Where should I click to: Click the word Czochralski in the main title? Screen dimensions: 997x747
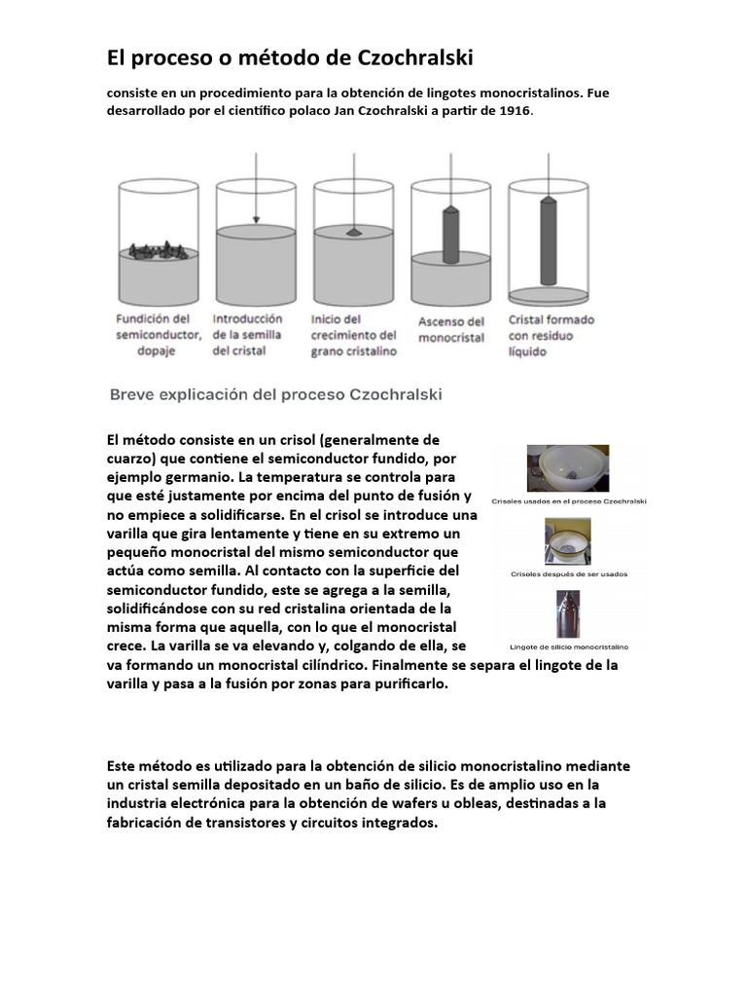(413, 58)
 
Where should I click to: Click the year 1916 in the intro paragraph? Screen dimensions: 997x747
(515, 111)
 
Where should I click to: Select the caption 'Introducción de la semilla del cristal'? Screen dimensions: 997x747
(248, 334)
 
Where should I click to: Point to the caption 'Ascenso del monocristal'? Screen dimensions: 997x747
(450, 329)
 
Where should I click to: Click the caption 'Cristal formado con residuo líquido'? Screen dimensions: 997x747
(551, 334)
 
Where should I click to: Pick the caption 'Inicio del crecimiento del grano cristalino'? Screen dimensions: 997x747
(354, 334)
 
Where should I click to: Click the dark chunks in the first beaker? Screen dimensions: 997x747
(158, 249)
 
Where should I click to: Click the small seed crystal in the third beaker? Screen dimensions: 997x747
(351, 233)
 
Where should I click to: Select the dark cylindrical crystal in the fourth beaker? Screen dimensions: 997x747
(449, 231)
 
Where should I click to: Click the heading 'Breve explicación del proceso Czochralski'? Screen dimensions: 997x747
(273, 394)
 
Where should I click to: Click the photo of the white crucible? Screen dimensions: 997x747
(568, 468)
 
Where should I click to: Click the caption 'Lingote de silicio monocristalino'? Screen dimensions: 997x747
(569, 646)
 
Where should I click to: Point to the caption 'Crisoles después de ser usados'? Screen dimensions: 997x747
(569, 574)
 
